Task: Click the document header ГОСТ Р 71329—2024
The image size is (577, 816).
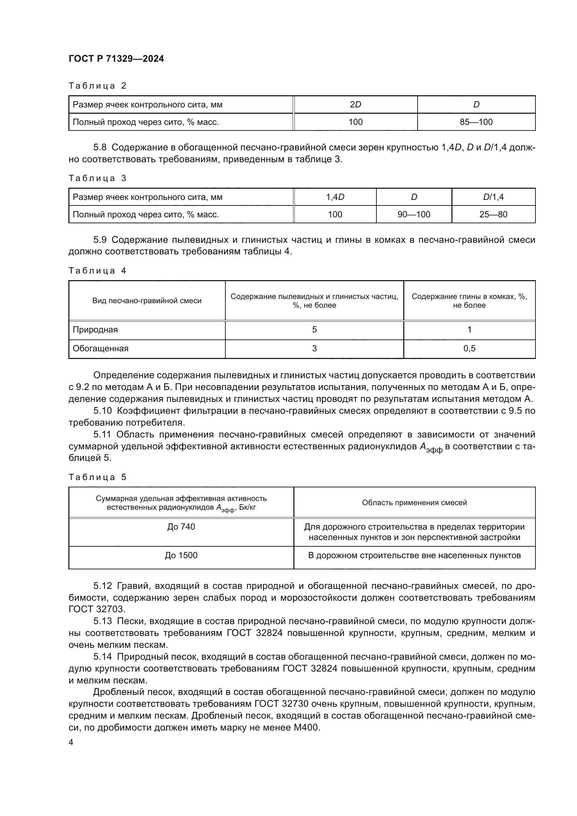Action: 116,59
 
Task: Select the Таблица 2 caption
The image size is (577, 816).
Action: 97,86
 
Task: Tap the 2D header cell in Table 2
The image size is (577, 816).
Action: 355,105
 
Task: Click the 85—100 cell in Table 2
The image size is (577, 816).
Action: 476,122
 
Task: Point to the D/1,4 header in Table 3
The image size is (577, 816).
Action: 493,197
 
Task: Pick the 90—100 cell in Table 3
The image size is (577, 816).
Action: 414,214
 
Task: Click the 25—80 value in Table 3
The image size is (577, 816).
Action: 493,214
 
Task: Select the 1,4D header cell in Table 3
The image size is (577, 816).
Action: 335,197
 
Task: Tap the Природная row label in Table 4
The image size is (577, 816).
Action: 95,329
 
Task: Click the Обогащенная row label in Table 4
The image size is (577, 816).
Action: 100,348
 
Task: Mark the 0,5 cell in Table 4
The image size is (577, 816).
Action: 469,348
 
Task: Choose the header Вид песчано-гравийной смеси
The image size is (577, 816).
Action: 147,301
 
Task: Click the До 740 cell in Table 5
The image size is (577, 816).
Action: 181,526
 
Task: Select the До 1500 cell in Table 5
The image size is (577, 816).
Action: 181,555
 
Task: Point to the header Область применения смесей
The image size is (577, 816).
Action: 414,502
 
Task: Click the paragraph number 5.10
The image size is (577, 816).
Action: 103,411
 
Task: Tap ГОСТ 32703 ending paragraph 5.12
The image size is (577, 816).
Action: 97,609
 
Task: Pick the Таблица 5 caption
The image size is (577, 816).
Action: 97,477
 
